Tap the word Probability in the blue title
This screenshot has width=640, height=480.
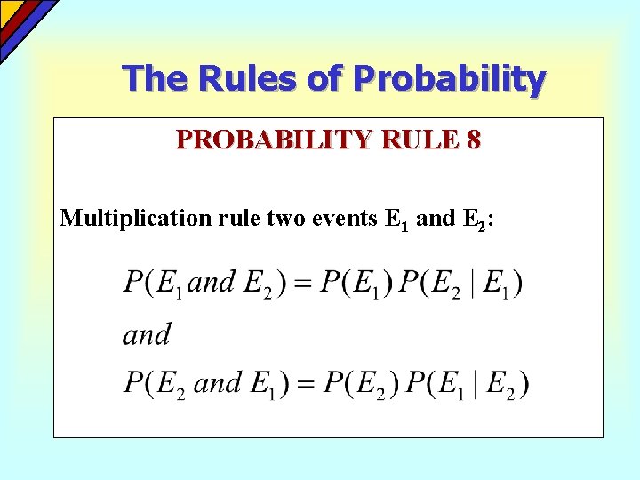click(x=450, y=80)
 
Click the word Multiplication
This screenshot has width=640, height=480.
click(x=135, y=219)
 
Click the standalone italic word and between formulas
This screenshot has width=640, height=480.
click(x=147, y=335)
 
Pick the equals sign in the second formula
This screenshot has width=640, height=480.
click(x=303, y=383)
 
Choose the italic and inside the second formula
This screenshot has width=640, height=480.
click(x=217, y=383)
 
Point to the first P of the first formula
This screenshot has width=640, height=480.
click(x=133, y=284)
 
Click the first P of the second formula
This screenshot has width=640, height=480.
click(x=133, y=383)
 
